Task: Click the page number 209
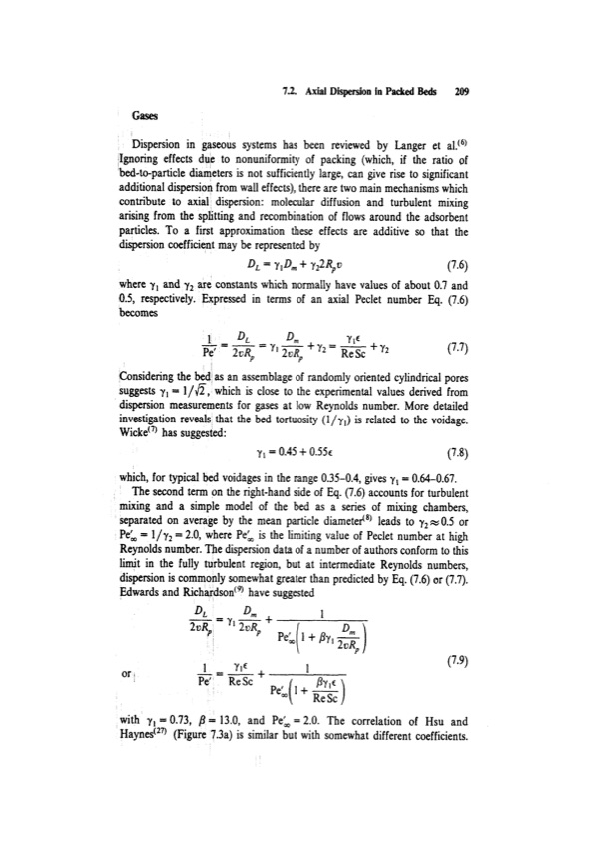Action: tap(461, 87)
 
